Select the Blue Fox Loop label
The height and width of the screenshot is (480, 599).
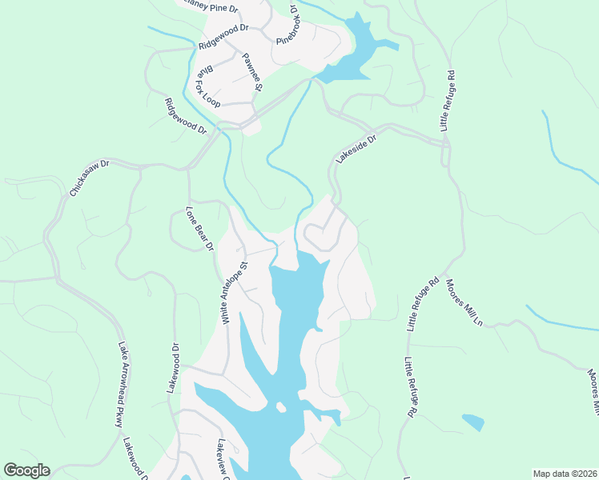[207, 86]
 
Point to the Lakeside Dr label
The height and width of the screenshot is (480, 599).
[356, 149]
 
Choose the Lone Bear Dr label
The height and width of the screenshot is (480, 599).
[199, 230]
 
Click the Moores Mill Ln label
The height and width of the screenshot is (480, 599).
[464, 302]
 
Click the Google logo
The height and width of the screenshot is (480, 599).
[26, 470]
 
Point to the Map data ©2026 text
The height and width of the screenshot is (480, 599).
[564, 473]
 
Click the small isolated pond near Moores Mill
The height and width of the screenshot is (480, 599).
[473, 422]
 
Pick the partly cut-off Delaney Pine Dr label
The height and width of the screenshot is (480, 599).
[210, 7]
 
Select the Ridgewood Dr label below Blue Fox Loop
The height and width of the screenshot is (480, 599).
[185, 116]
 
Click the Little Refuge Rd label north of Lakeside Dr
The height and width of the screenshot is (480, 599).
[447, 101]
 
